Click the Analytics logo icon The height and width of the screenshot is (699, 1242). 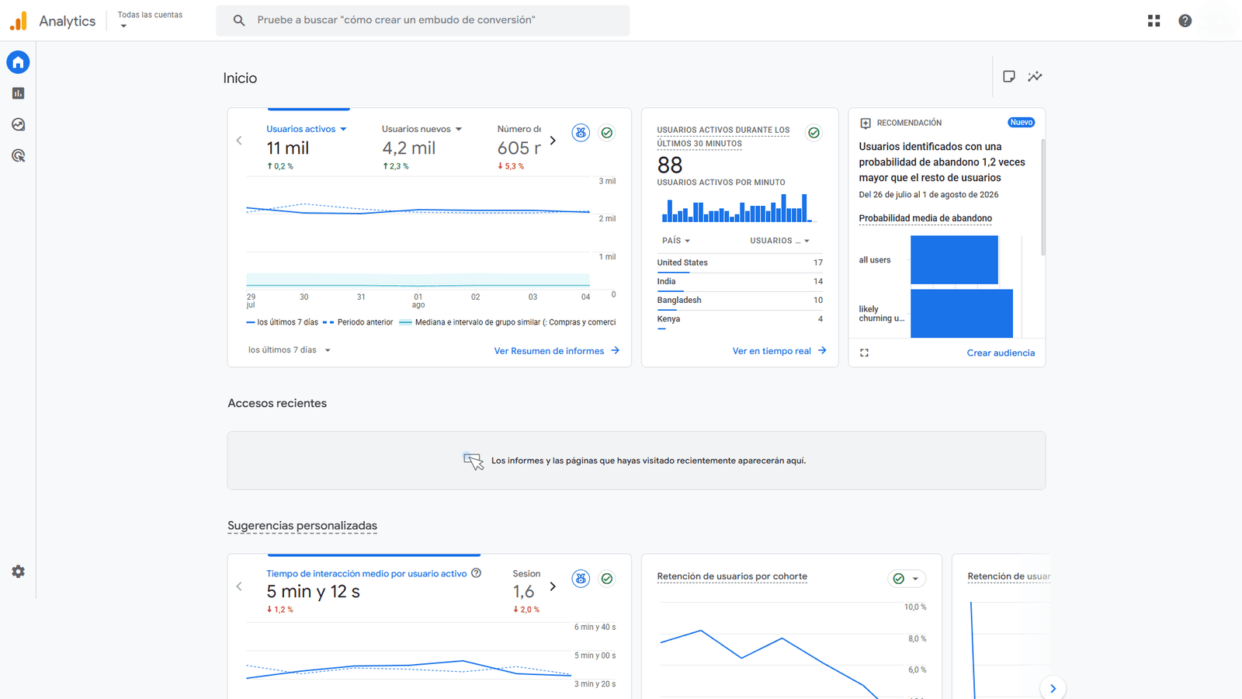[x=19, y=20]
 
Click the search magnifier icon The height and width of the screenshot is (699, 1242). [x=239, y=20]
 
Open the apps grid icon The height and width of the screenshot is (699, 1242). [x=1154, y=20]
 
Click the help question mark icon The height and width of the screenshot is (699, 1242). [x=1185, y=20]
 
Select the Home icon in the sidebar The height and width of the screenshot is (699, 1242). [x=19, y=62]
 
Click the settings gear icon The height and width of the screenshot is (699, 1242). [x=19, y=572]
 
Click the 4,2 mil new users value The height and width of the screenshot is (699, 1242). [x=408, y=148]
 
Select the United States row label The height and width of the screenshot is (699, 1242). [x=682, y=263]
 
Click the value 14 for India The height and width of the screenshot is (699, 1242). [x=818, y=281]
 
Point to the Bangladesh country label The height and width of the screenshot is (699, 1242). [x=679, y=300]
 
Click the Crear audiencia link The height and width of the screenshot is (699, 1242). [x=1001, y=353]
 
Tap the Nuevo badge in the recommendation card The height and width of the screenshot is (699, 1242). [x=1022, y=123]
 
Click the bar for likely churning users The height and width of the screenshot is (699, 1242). [x=962, y=314]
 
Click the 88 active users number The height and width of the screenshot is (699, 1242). [x=670, y=165]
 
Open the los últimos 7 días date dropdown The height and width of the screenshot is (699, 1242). [x=290, y=350]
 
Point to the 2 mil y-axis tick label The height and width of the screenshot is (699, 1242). [x=607, y=218]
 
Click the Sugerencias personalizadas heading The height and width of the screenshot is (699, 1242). [x=302, y=525]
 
